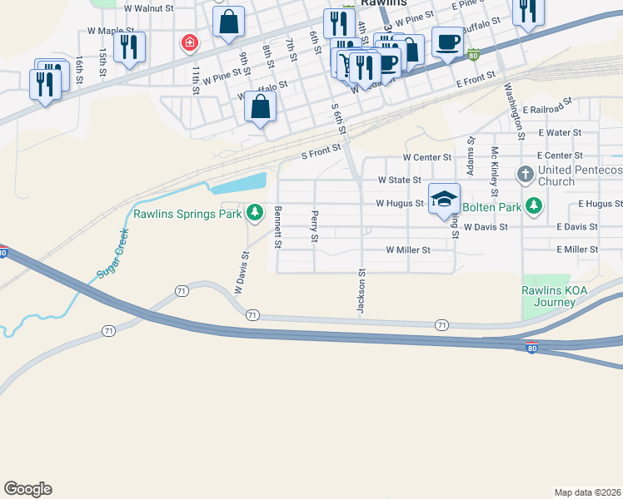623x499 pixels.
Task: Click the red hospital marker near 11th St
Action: [x=190, y=41]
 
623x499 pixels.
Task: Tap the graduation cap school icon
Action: [x=445, y=199]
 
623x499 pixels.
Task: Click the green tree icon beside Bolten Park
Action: [x=533, y=205]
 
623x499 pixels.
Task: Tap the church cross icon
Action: [x=525, y=175]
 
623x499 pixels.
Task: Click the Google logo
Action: [x=27, y=489]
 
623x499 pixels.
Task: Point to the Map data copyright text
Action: [x=587, y=492]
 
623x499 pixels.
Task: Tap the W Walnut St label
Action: [x=147, y=8]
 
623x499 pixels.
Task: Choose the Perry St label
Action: [x=315, y=227]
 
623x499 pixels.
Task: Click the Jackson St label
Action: [x=361, y=291]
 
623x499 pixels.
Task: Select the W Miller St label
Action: [x=407, y=249]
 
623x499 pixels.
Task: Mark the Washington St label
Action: [x=511, y=111]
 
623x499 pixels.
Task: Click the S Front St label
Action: [x=321, y=152]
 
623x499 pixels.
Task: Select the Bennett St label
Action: [x=278, y=227]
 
